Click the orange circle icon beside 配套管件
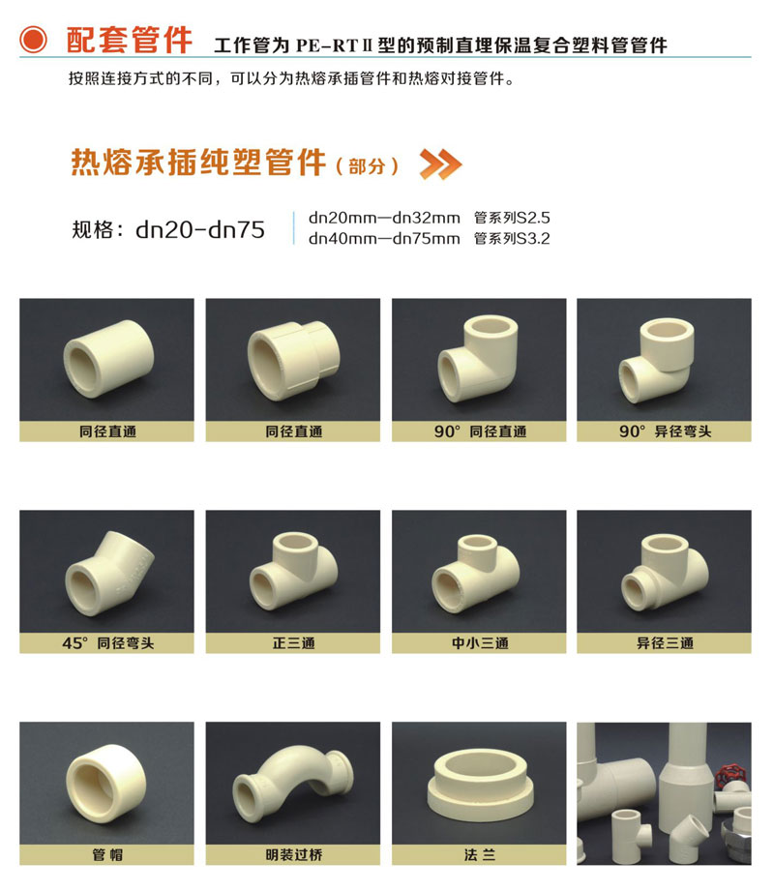[34, 41]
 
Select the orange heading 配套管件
[129, 41]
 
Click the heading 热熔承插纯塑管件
[198, 163]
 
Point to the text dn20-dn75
[200, 229]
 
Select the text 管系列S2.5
[512, 218]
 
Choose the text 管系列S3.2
[512, 238]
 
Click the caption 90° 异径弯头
[665, 431]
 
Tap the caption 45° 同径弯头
[107, 642]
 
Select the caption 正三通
[293, 642]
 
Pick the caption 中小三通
[479, 642]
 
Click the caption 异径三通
[665, 642]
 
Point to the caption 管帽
[107, 855]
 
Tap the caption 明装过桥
[293, 855]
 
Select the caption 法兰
[479, 855]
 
